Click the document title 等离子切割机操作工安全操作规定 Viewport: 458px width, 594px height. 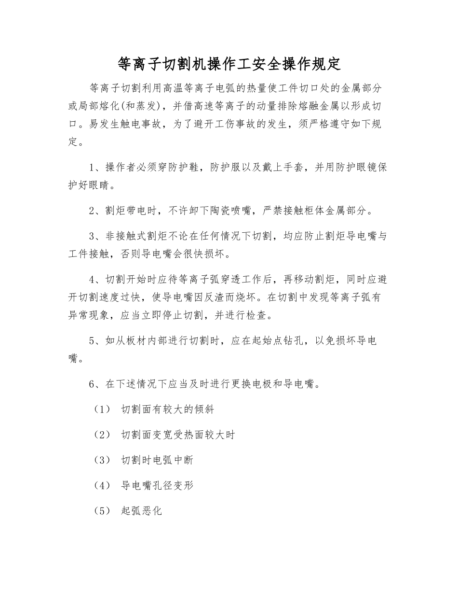pyautogui.click(x=229, y=63)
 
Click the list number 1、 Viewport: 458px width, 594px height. pyautogui.click(x=96, y=168)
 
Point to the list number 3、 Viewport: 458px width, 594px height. pyautogui.click(x=96, y=236)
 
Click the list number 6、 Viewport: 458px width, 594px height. pyautogui.click(x=96, y=384)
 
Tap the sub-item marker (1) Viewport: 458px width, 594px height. pyautogui.click(x=101, y=410)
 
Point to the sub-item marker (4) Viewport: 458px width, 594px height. pyautogui.click(x=101, y=485)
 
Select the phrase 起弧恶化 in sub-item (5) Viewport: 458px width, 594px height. pyautogui.click(x=142, y=510)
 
